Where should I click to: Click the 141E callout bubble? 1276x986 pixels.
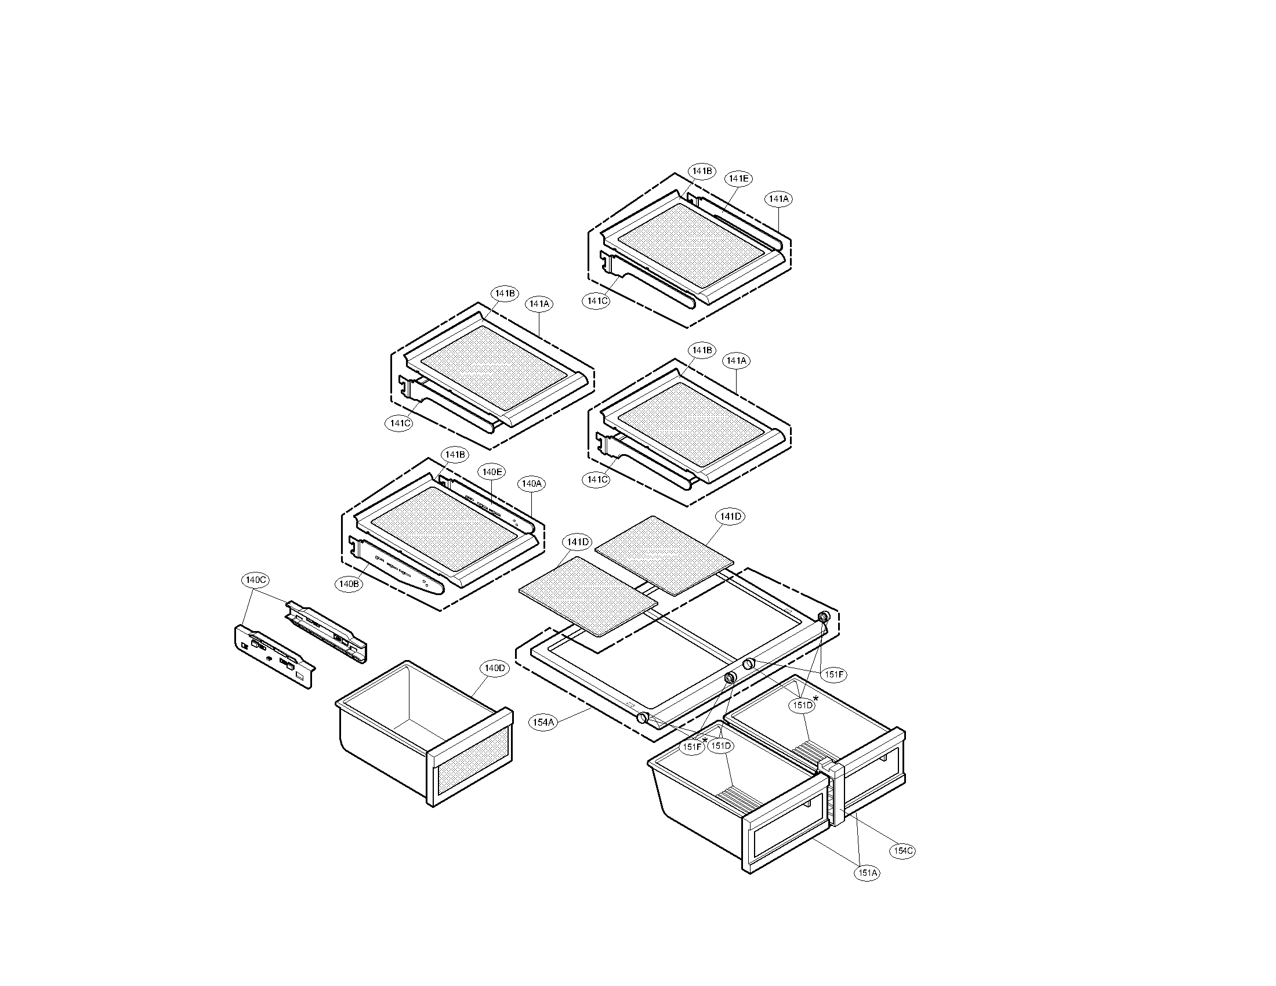pyautogui.click(x=738, y=179)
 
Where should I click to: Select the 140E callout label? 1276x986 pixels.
pyautogui.click(x=491, y=472)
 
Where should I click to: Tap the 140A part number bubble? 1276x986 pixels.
pyautogui.click(x=532, y=484)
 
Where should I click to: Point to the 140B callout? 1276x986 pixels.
pyautogui.click(x=349, y=583)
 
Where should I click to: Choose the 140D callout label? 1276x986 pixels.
pyautogui.click(x=494, y=668)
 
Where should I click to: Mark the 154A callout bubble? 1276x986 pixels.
pyautogui.click(x=543, y=723)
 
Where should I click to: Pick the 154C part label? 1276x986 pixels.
pyautogui.click(x=902, y=851)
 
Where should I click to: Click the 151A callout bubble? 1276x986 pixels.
pyautogui.click(x=868, y=873)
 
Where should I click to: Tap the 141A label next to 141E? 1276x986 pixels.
pyautogui.click(x=778, y=199)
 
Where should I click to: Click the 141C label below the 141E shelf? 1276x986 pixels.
pyautogui.click(x=596, y=301)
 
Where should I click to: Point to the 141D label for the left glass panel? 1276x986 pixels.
pyautogui.click(x=578, y=543)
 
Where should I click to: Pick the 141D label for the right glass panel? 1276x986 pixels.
pyautogui.click(x=731, y=517)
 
